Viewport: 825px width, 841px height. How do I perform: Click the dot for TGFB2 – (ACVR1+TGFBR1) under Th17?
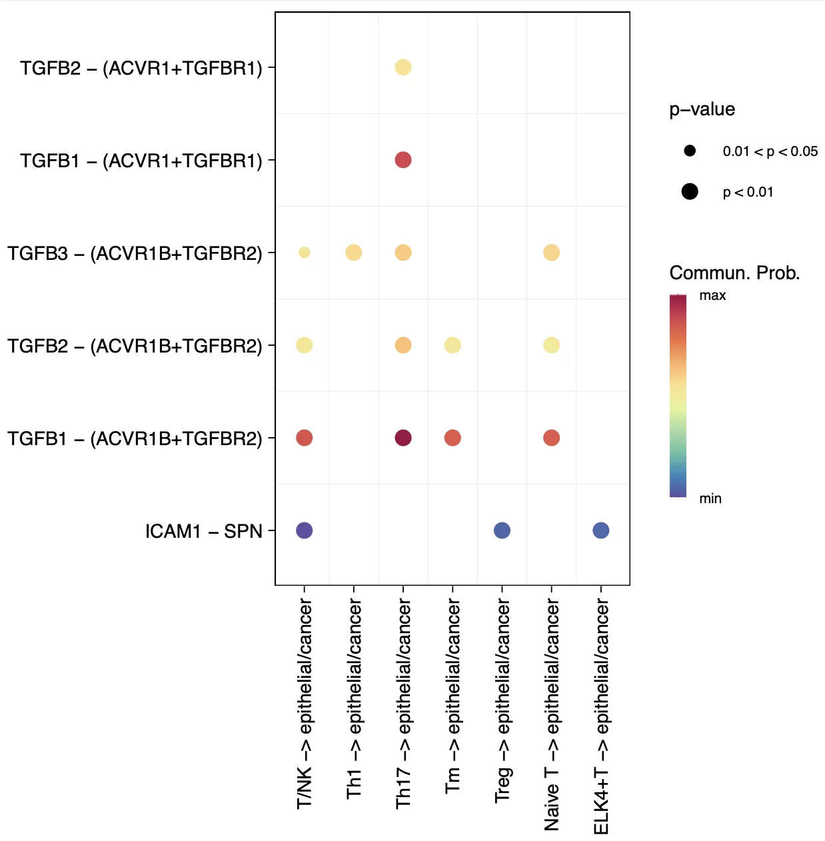(403, 67)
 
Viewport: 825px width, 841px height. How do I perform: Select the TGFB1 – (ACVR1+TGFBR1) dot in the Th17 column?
(403, 160)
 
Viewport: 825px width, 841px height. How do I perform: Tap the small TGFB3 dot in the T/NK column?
(305, 253)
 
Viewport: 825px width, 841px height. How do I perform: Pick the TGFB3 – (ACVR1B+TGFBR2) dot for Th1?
(354, 253)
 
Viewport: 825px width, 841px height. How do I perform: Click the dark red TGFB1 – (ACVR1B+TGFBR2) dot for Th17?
(403, 438)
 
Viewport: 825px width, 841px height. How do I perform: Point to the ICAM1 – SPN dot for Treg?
(502, 530)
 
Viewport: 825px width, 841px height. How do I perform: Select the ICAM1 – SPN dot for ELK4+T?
(600, 530)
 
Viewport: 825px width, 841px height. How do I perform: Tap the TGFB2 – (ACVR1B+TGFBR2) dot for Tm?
(452, 345)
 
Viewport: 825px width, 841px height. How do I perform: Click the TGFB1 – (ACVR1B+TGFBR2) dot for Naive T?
(551, 438)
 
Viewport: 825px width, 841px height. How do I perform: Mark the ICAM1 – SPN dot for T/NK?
(305, 530)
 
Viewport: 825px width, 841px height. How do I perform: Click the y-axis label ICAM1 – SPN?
(203, 531)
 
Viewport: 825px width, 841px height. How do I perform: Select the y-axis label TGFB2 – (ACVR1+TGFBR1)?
(141, 68)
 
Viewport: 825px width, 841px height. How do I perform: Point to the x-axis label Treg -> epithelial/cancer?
(502, 700)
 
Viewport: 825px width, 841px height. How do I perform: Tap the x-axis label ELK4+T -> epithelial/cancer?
(601, 716)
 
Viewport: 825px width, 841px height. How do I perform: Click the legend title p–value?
(702, 109)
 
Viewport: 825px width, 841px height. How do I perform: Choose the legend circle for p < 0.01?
(690, 192)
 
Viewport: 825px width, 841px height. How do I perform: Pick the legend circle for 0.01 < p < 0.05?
(690, 151)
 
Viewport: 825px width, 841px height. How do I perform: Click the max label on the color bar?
(712, 295)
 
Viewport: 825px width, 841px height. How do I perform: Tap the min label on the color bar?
(710, 498)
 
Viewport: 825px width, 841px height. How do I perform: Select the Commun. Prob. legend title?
(734, 273)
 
